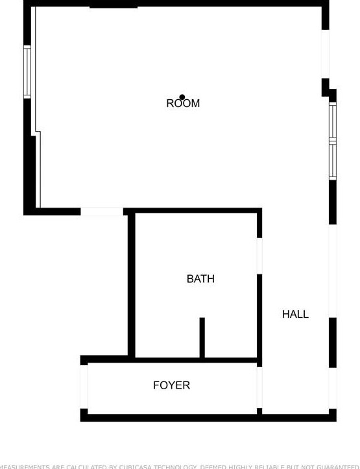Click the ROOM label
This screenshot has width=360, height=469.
coord(183,103)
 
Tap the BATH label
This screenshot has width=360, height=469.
coord(200,279)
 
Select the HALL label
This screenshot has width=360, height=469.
coord(295,314)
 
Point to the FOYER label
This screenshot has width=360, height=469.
coord(171,385)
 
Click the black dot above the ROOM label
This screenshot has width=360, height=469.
coord(182,97)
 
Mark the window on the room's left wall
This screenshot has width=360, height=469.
coord(27,71)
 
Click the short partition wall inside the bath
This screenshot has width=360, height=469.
coord(202,337)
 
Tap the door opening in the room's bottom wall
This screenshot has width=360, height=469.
coord(102,211)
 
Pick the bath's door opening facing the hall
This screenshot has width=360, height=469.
coord(259,256)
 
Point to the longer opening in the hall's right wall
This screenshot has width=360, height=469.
coord(333,271)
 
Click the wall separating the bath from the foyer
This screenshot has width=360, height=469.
coord(195,360)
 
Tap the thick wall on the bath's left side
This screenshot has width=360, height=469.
coord(131,285)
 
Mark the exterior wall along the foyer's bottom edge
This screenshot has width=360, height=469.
coord(208,417)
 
